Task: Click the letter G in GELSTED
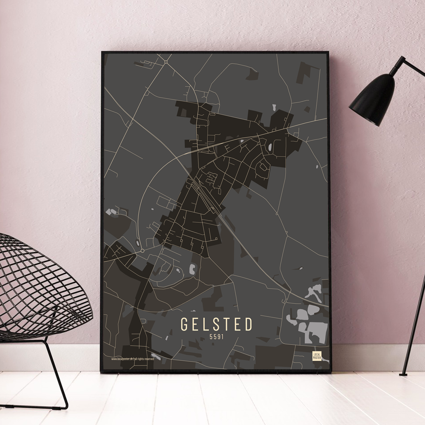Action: [185, 324]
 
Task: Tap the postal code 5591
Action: [217, 337]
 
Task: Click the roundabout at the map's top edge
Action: [166, 62]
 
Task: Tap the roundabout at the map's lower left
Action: [143, 251]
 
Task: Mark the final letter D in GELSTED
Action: [248, 324]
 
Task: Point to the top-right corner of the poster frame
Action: [329, 53]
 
